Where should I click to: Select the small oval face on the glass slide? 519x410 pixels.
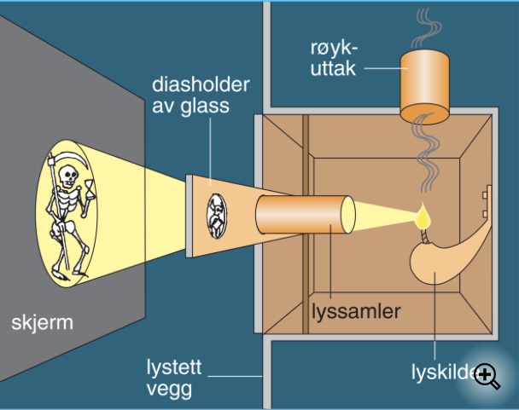pyautogui.click(x=216, y=214)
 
